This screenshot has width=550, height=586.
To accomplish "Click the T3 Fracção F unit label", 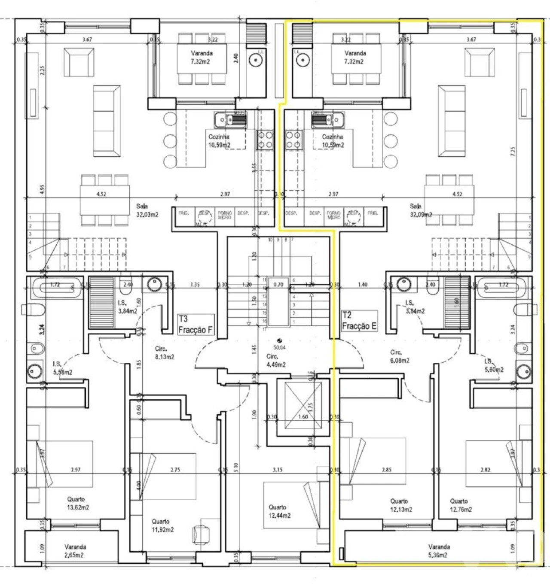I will click(x=196, y=324).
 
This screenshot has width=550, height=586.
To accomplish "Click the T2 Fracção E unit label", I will click(x=359, y=321).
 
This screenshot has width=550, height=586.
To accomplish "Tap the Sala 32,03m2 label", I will click(x=147, y=210).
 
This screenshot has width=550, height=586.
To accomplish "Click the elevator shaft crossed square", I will click(x=303, y=407).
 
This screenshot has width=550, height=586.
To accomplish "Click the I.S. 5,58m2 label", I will click(x=62, y=368).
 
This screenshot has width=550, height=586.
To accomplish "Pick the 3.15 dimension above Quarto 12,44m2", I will click(x=278, y=470).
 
